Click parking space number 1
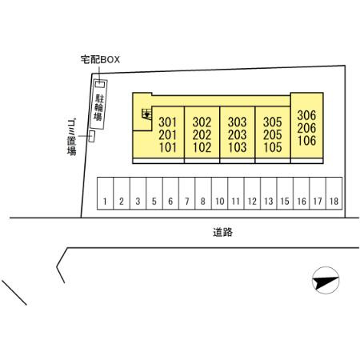point(105,194)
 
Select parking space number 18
point(334,194)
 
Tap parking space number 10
point(220,194)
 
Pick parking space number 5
point(154,194)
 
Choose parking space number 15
point(285,194)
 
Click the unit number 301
point(167,122)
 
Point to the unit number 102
point(202,147)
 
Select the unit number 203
point(237,135)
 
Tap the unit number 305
point(273,122)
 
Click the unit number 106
point(306,141)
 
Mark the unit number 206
point(306,128)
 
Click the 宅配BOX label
point(100,59)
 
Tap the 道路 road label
point(222,232)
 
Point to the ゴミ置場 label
point(71,137)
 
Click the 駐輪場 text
point(98,107)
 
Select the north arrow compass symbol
point(326,280)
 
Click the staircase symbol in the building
point(147,114)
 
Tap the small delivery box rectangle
point(100,84)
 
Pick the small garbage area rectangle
point(92,137)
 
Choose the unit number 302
point(202,122)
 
